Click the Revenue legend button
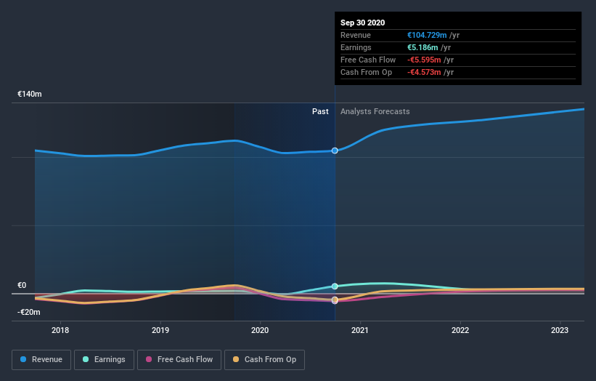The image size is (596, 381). coord(42,359)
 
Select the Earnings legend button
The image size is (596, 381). coord(104,359)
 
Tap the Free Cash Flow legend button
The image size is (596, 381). coord(178,359)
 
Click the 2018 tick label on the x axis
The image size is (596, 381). coord(61,330)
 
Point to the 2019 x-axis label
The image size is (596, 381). coord(160,330)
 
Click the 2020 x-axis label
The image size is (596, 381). coord(260,330)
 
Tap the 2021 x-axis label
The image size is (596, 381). coord(360,330)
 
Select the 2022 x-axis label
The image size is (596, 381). coord(460,330)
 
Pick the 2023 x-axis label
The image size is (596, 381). coord(560,330)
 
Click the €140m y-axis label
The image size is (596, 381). coord(30,95)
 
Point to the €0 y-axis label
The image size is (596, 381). coord(23,286)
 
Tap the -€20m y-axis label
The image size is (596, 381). coord(29,312)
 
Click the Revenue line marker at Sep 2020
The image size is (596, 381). coord(335,151)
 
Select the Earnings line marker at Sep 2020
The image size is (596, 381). coord(335,286)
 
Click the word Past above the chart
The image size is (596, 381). coord(320,111)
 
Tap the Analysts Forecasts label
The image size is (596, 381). coord(375,111)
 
